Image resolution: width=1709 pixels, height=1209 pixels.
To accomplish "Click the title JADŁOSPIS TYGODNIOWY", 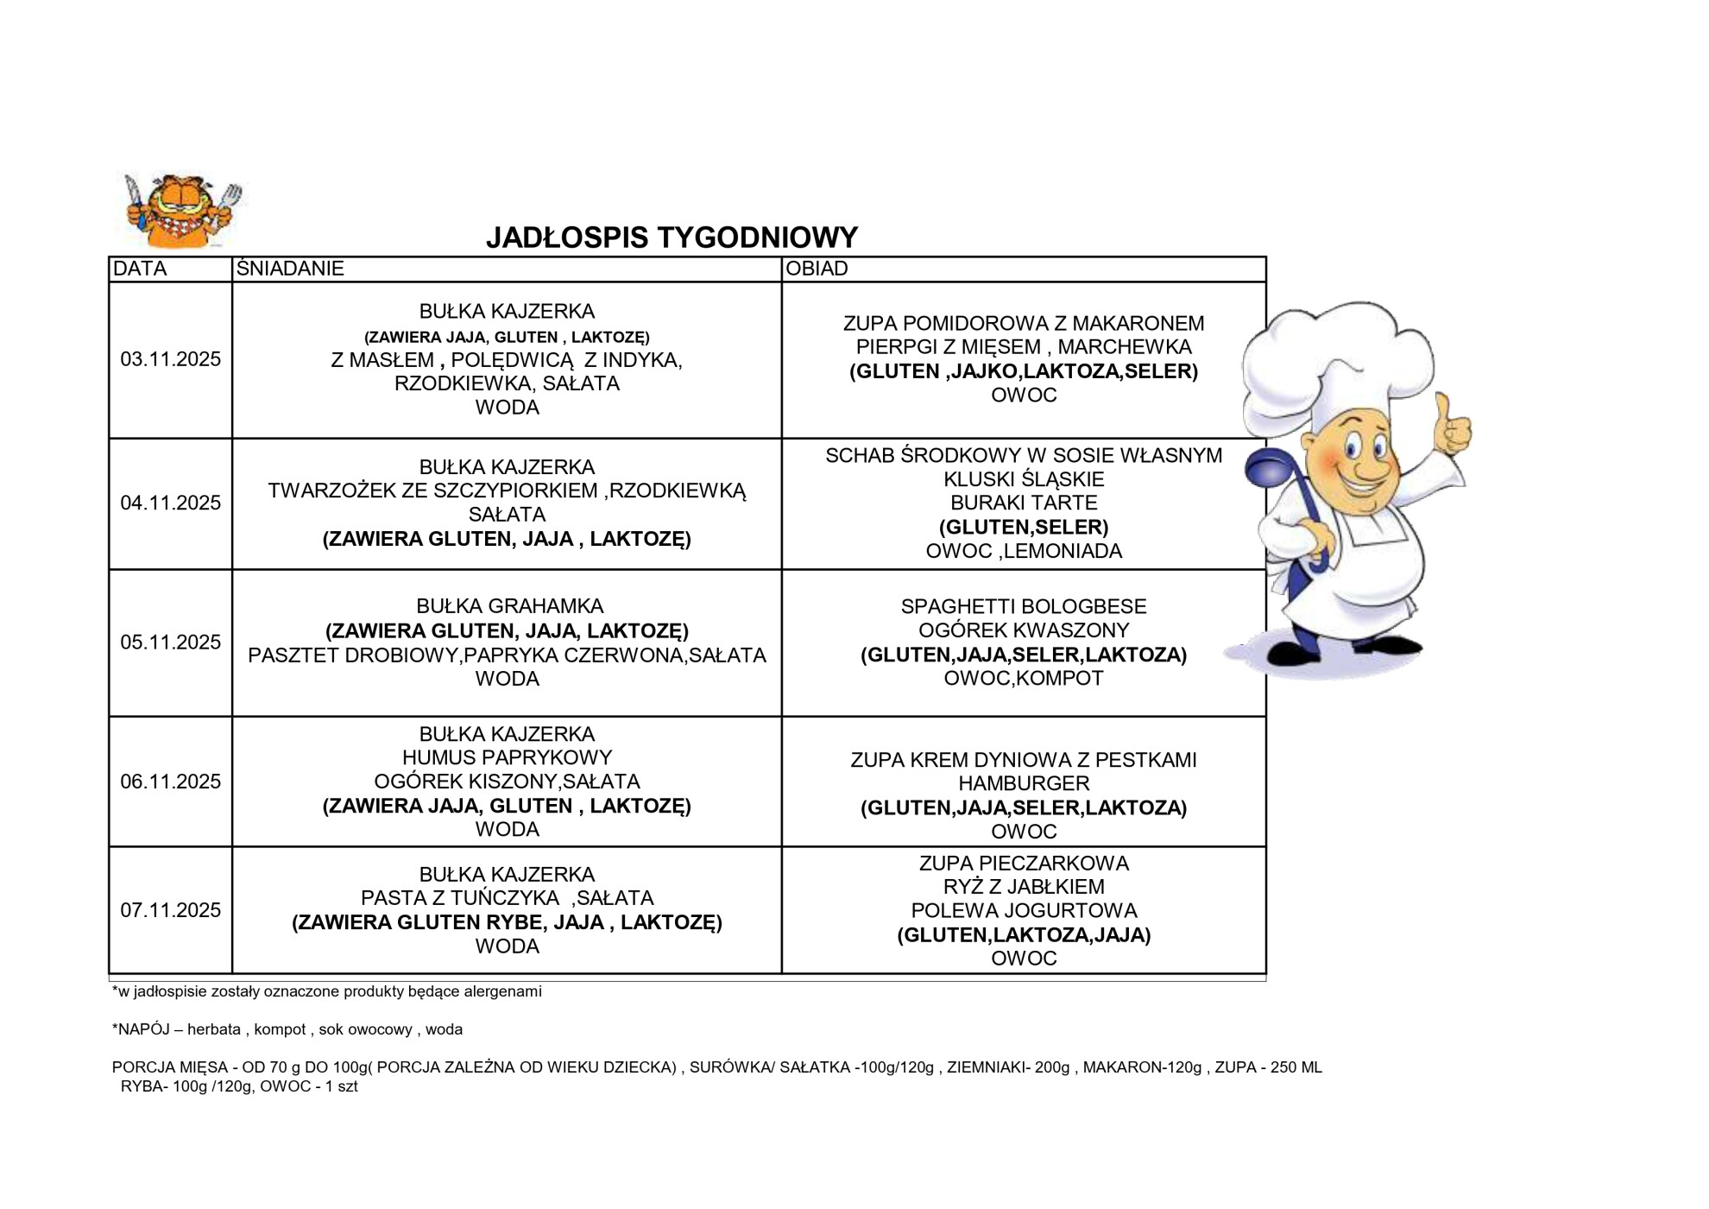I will tap(672, 237).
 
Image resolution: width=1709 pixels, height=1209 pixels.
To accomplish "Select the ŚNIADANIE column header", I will tap(290, 269).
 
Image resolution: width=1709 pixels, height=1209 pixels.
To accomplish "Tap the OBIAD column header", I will tap(817, 269).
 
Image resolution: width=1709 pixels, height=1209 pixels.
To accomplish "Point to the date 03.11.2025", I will tap(170, 359).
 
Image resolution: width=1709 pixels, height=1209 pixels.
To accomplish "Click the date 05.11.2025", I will tap(170, 642).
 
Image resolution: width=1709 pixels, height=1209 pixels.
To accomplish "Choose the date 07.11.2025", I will tap(170, 910).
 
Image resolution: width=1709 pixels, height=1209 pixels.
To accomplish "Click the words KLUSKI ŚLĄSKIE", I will tap(1024, 479).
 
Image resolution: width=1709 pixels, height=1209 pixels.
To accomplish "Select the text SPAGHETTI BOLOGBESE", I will tap(1024, 606).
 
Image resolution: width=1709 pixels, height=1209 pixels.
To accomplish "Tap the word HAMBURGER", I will tap(1024, 783).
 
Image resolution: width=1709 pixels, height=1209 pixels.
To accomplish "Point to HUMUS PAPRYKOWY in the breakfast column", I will tap(507, 757).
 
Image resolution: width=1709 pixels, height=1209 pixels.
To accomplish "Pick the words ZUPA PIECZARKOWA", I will tap(1024, 863).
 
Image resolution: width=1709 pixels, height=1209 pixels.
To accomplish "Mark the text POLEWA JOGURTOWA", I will tap(1024, 910).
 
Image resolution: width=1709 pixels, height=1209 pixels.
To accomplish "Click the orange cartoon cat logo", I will tap(182, 210).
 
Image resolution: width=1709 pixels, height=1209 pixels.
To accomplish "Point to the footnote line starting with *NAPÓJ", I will tap(287, 1029).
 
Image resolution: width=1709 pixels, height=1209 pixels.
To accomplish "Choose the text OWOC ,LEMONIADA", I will tap(1024, 551).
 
